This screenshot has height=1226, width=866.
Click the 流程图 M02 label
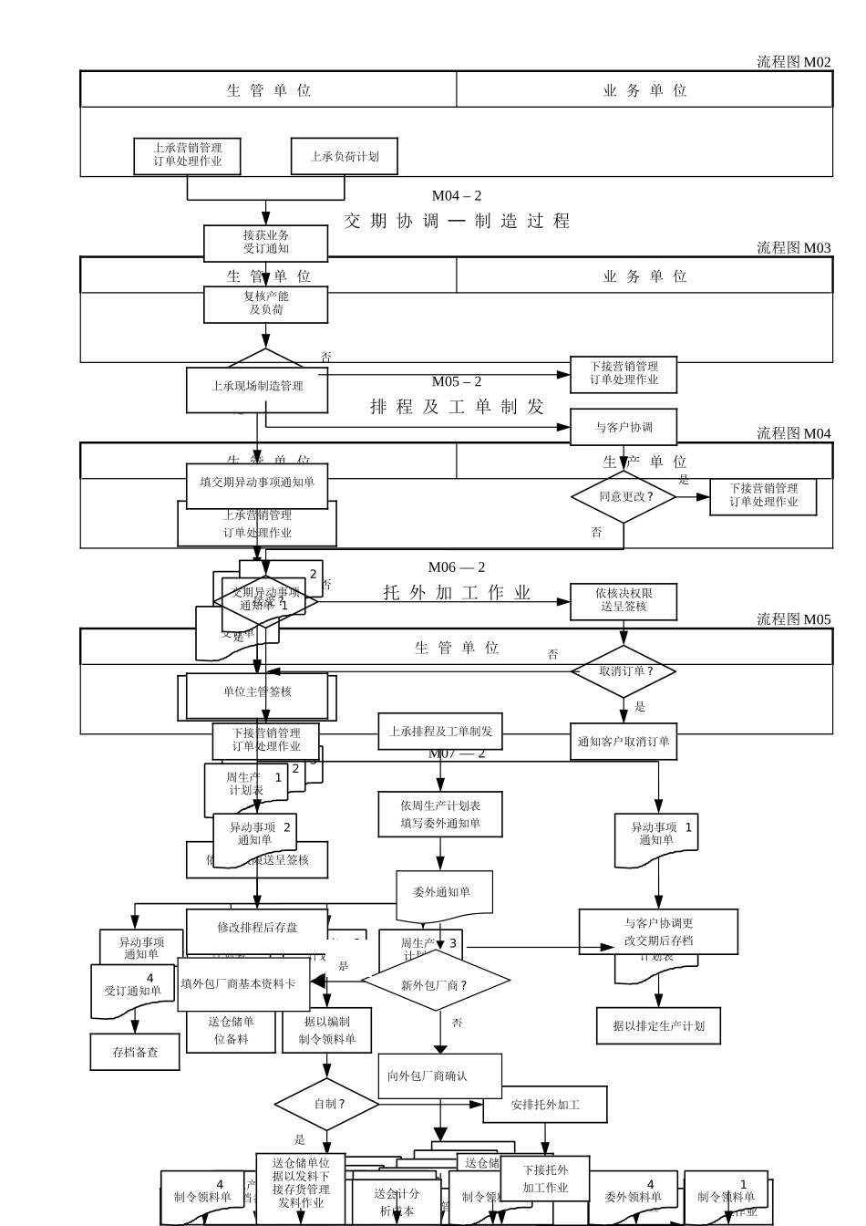(x=793, y=62)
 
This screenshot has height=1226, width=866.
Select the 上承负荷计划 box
(x=345, y=156)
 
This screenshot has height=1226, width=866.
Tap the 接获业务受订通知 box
(x=265, y=243)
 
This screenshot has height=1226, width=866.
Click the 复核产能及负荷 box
(x=265, y=304)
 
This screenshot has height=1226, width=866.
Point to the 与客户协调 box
(x=624, y=427)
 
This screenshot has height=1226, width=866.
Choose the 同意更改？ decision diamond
(x=624, y=497)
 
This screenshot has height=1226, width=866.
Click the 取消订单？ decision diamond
(x=624, y=671)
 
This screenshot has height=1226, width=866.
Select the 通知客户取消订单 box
(x=624, y=742)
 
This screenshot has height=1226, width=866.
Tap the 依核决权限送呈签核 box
(x=624, y=600)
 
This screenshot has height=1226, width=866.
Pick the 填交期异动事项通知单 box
(x=257, y=483)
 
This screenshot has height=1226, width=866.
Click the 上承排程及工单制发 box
(x=440, y=731)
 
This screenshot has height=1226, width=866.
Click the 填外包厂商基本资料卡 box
(x=239, y=983)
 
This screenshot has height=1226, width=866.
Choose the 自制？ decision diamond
(x=327, y=1104)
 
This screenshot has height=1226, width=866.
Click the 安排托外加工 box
(x=545, y=1105)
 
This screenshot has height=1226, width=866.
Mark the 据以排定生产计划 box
(x=658, y=1026)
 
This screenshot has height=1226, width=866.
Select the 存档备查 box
(x=135, y=1052)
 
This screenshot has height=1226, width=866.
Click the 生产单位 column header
(x=644, y=462)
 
